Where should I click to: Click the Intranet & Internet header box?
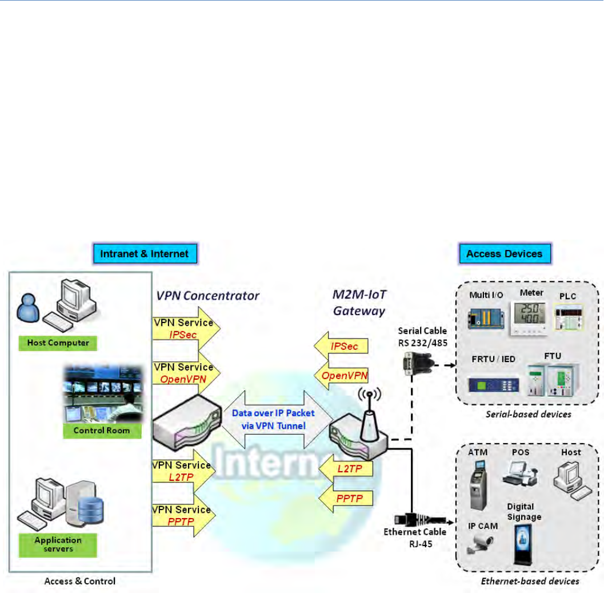tap(145, 253)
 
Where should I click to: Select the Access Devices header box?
tap(505, 253)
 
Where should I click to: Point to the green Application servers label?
tap(58, 543)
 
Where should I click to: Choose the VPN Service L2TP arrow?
tap(183, 471)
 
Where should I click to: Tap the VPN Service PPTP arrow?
tap(183, 515)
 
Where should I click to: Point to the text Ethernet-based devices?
tap(538, 580)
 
